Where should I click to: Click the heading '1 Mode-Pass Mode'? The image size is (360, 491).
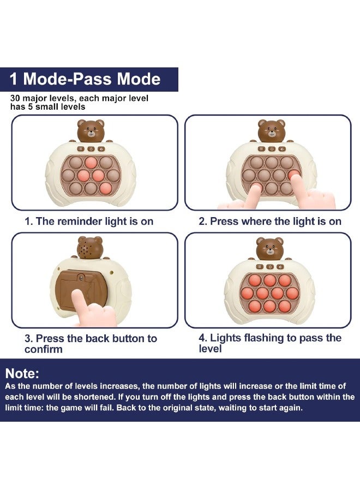pos(85,79)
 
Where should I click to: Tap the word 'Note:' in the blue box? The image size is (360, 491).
pos(22,374)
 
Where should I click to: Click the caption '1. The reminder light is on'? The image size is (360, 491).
pos(89,221)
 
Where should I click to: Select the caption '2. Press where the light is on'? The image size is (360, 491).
pos(270,221)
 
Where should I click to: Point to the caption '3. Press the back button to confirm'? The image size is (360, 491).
pos(91,344)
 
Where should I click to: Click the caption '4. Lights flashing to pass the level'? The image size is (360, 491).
pos(270,343)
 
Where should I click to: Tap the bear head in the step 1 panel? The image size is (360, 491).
pos(91,130)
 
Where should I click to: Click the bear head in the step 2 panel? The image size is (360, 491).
pos(272,130)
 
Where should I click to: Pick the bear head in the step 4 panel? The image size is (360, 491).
pos(270,248)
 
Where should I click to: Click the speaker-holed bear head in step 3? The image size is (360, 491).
pos(90,248)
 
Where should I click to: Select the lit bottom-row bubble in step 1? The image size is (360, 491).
pos(105,188)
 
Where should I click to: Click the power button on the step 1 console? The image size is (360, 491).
pos(91,149)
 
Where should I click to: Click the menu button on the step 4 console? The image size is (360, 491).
pos(260,267)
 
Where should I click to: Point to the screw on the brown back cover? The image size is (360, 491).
pos(81,278)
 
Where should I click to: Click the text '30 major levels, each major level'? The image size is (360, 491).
pos(79,98)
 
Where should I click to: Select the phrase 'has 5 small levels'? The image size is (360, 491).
pos(47,107)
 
